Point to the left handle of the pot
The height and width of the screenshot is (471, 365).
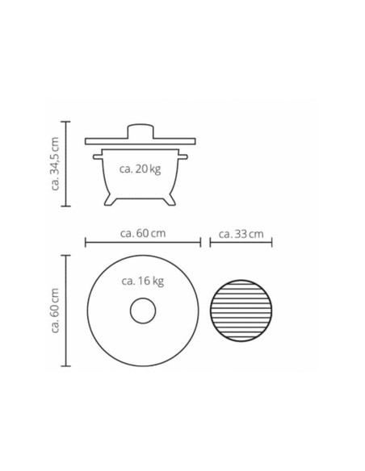pyautogui.click(x=98, y=154)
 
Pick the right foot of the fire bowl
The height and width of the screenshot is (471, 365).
pyautogui.click(x=170, y=199)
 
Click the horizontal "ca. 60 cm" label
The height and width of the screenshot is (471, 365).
pyautogui.click(x=143, y=233)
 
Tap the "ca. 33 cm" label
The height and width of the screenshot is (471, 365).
pyautogui.click(x=241, y=234)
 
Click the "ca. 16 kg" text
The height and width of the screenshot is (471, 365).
pyautogui.click(x=142, y=281)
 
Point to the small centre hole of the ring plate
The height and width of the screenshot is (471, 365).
pyautogui.click(x=143, y=311)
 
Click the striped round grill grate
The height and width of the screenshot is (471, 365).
pyautogui.click(x=241, y=311)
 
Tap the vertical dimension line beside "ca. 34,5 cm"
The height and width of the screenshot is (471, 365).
pyautogui.click(x=67, y=164)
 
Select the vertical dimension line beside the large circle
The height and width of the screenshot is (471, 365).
pyautogui.click(x=67, y=311)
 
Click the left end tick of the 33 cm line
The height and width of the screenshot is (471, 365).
pyautogui.click(x=210, y=242)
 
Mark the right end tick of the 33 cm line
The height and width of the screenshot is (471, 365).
pyautogui.click(x=272, y=242)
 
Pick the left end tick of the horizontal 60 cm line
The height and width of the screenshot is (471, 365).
pyautogui.click(x=86, y=242)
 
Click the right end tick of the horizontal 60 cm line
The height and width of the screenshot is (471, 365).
pyautogui.click(x=200, y=242)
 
